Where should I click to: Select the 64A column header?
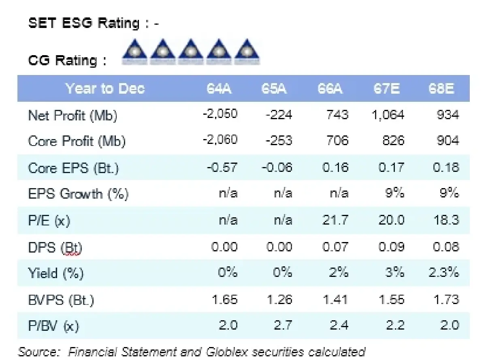tap(219, 89)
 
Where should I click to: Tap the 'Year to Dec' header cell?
tap(105, 89)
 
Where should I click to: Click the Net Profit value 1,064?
tap(388, 115)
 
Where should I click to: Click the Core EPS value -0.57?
tap(220, 167)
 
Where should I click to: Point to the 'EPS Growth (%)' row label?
tap(78, 194)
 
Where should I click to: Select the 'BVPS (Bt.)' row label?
tap(61, 300)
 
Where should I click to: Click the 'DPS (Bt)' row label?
tap(55, 247)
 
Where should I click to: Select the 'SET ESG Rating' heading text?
tap(83, 23)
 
